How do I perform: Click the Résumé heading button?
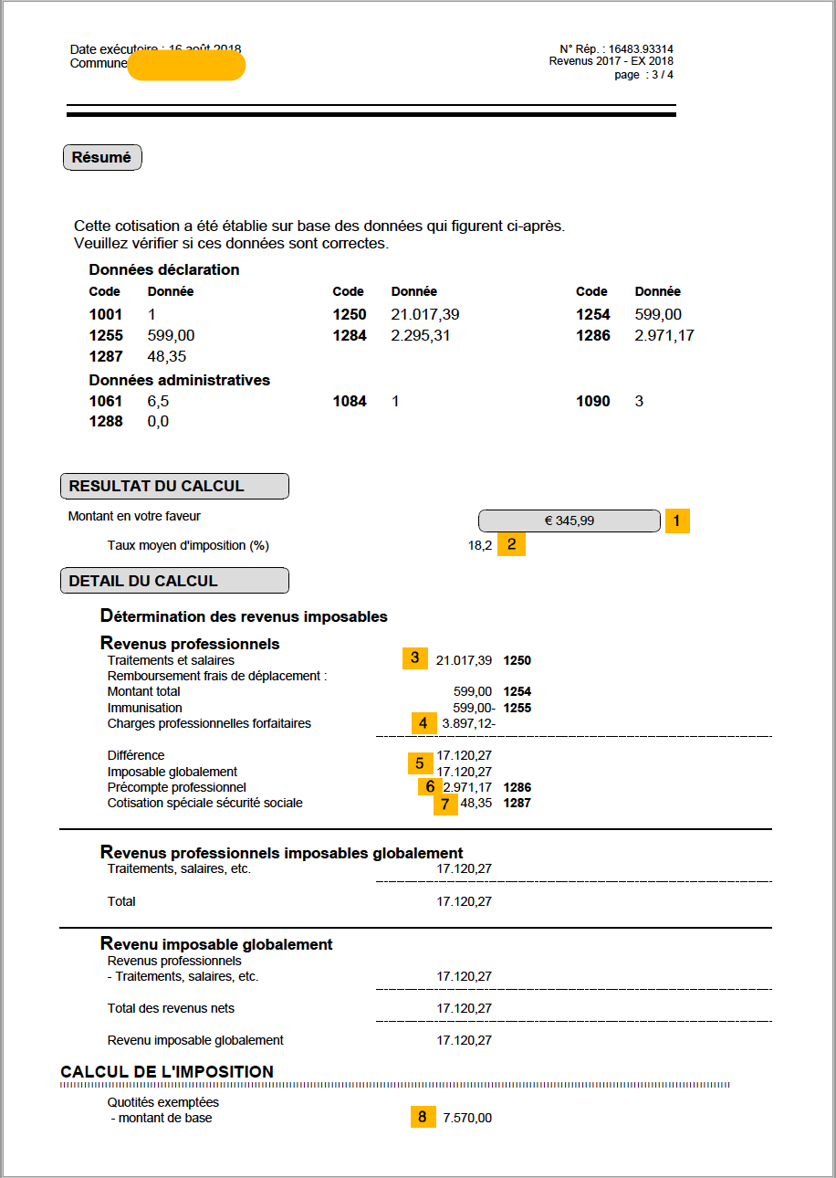tap(102, 157)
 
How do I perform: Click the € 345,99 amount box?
tap(569, 521)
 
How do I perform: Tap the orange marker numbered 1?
tap(677, 521)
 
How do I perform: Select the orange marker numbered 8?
tap(423, 1117)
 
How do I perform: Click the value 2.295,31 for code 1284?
tap(421, 335)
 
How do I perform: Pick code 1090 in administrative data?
tap(593, 401)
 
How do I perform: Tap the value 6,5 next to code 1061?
tap(158, 401)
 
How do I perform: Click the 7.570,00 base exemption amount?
tap(467, 1118)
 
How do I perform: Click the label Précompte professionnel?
tap(176, 787)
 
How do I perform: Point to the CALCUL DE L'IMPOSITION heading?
tap(167, 1071)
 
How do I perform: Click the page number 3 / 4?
tap(656, 75)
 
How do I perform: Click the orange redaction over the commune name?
tap(186, 66)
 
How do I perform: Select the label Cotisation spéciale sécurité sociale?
tap(204, 803)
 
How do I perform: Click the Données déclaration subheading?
tap(164, 269)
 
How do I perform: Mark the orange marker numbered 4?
tap(423, 723)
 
